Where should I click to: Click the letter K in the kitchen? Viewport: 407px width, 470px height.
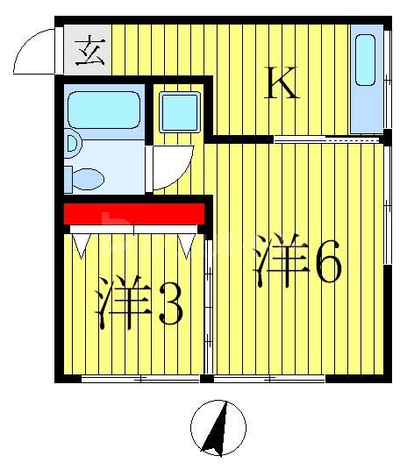click(x=283, y=84)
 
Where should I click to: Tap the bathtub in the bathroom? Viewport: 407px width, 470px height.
click(x=104, y=109)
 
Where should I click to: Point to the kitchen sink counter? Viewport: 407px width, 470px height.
click(x=367, y=79)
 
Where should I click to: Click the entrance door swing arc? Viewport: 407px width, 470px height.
click(x=35, y=53)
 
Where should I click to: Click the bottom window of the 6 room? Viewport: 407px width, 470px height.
click(x=269, y=379)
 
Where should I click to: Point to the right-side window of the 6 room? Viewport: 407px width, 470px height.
click(x=387, y=206)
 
